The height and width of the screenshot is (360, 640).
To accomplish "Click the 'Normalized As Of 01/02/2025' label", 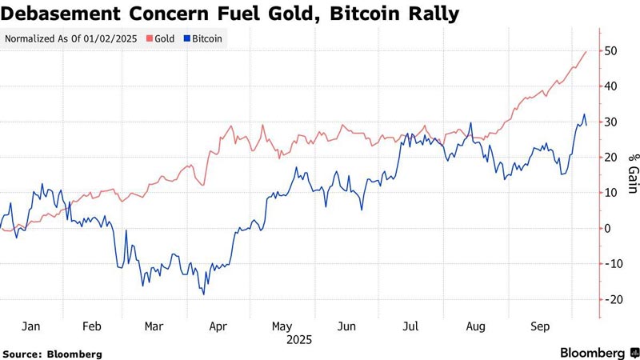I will point(71,38).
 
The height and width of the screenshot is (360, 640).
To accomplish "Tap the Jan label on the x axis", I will point(30,326).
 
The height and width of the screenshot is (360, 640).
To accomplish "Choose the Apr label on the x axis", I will point(218,326).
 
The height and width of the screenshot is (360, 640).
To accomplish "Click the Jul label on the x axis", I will point(410,326).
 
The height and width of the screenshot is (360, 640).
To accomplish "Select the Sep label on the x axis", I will point(538,326).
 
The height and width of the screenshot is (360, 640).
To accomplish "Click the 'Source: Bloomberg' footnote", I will point(52,353).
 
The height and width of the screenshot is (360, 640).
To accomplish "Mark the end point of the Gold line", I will point(586,51).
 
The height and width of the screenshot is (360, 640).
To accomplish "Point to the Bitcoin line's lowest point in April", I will point(204,294).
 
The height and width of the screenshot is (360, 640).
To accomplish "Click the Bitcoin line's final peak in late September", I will point(584,114).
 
